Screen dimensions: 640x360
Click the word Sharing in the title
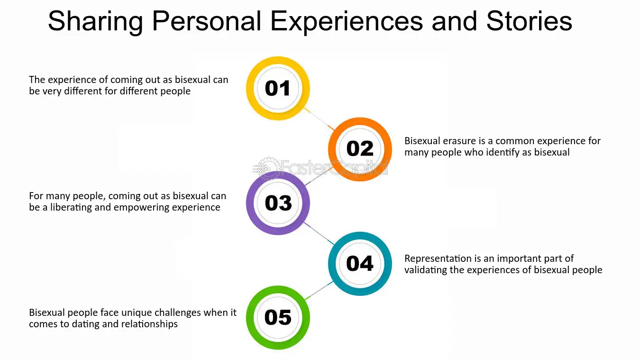(x=95, y=22)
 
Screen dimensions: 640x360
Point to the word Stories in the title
(x=529, y=21)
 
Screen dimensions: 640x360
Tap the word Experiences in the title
(x=346, y=22)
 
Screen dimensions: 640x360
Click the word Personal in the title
(x=207, y=21)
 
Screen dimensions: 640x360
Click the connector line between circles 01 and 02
(x=319, y=119)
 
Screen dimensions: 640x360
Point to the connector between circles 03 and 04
(x=319, y=233)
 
